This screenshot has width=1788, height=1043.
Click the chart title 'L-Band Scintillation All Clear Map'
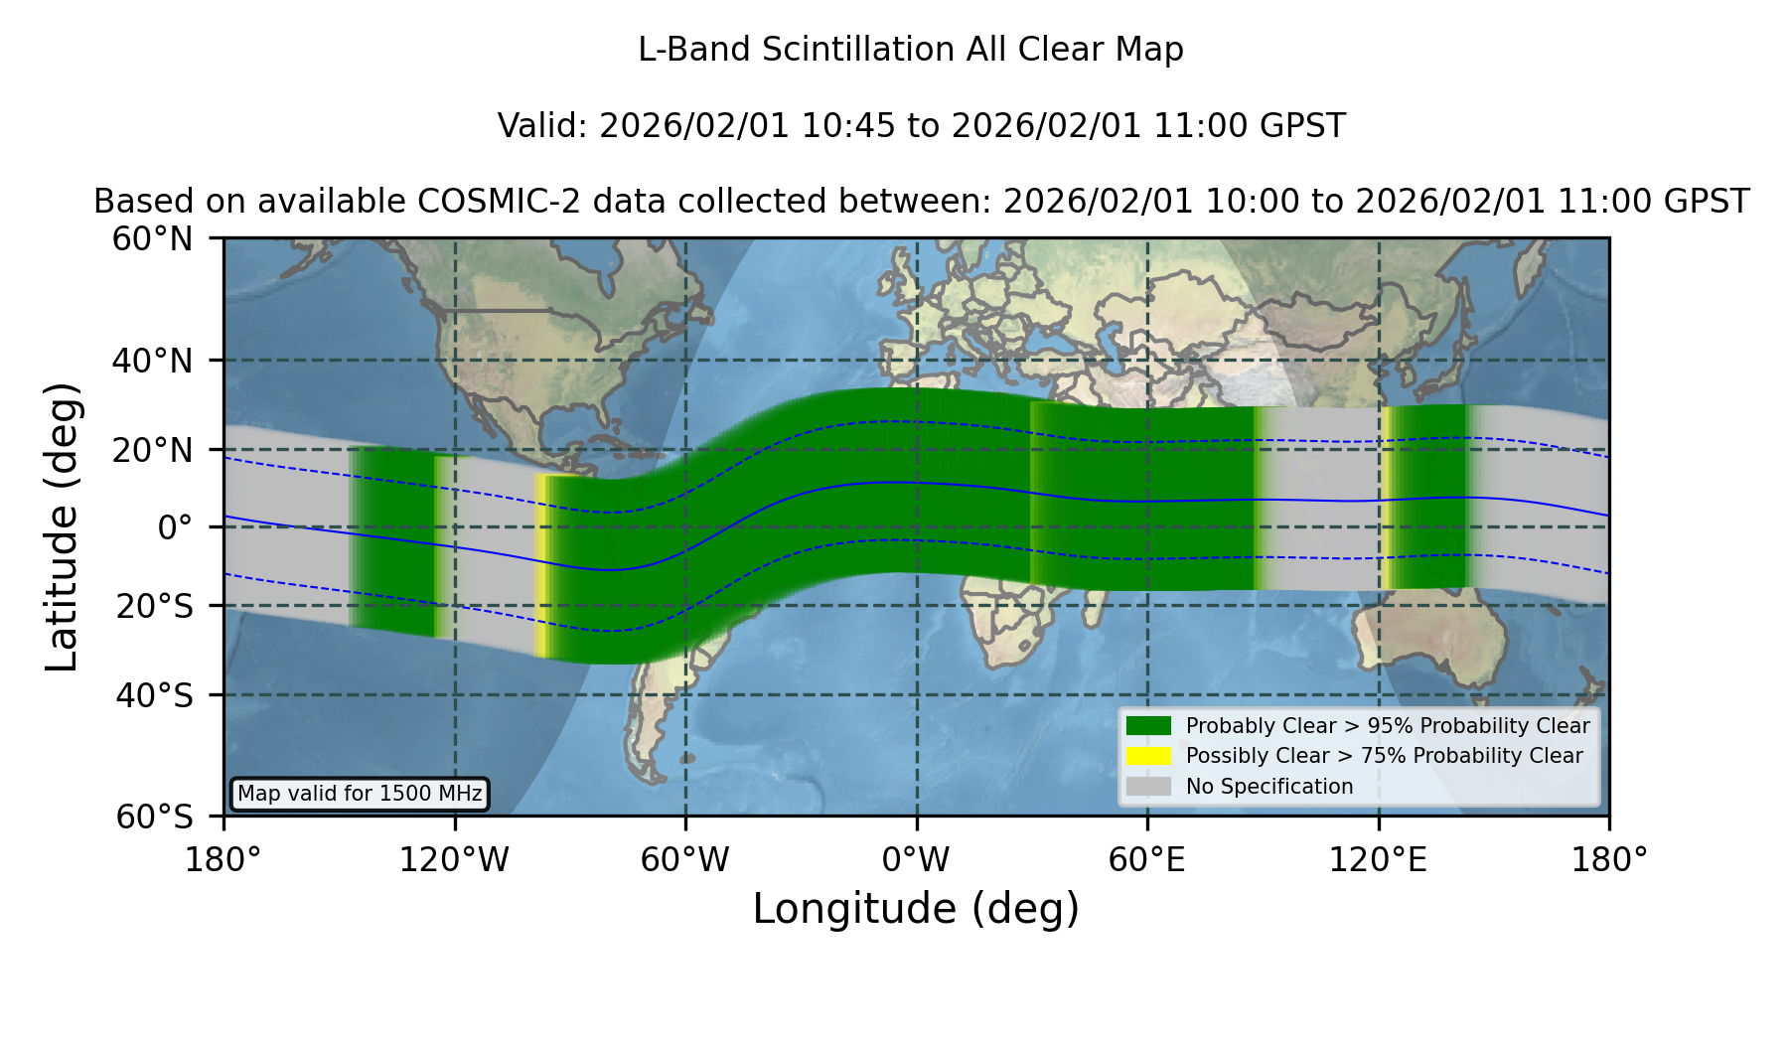pyautogui.click(x=910, y=50)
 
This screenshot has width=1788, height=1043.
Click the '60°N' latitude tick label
pyautogui.click(x=153, y=239)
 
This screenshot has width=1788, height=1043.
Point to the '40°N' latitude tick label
pyautogui.click(x=153, y=361)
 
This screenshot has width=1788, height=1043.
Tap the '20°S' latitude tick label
pyautogui.click(x=154, y=606)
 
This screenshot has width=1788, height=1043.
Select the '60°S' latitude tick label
pyautogui.click(x=154, y=817)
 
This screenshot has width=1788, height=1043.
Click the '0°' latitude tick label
pyautogui.click(x=175, y=527)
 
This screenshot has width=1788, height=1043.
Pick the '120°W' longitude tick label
pyautogui.click(x=454, y=860)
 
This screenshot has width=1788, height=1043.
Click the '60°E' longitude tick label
pyautogui.click(x=1147, y=860)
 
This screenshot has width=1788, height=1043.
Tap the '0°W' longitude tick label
pyautogui.click(x=916, y=860)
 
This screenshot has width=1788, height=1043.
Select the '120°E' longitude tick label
pyautogui.click(x=1378, y=860)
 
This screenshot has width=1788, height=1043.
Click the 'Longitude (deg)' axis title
pyautogui.click(x=916, y=909)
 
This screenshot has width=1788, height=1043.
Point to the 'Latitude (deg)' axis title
pyautogui.click(x=63, y=526)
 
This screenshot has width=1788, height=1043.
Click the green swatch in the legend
pyautogui.click(x=1148, y=725)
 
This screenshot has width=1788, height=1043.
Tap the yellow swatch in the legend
pyautogui.click(x=1148, y=756)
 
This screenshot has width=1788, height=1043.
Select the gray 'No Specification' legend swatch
pyautogui.click(x=1148, y=787)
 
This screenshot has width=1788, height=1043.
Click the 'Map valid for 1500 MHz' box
pyautogui.click(x=360, y=794)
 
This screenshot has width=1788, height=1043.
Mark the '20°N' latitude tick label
pyautogui.click(x=153, y=451)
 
